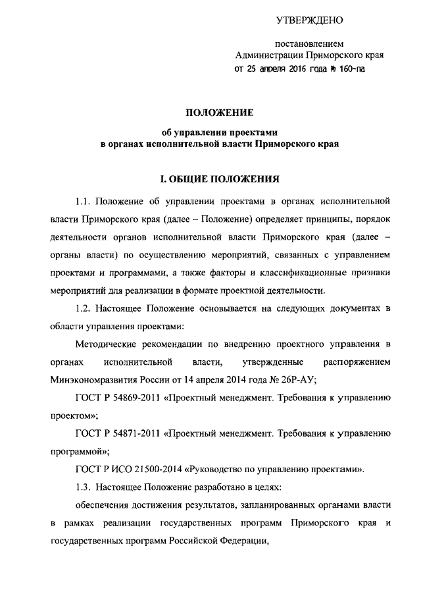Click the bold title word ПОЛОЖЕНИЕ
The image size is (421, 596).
(x=217, y=114)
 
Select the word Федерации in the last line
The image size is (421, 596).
(x=245, y=543)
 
